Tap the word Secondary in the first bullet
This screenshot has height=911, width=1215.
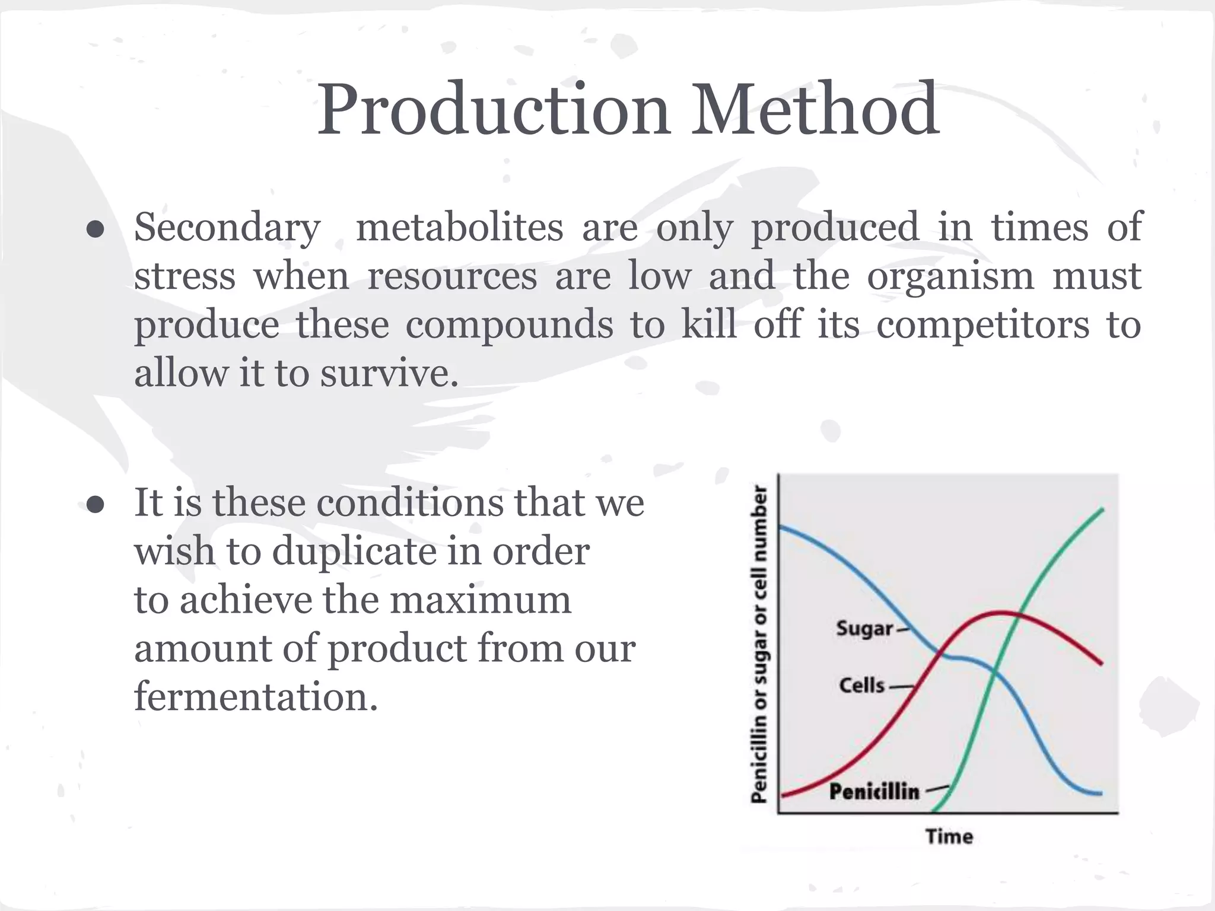(x=227, y=227)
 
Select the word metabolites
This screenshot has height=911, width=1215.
(x=459, y=227)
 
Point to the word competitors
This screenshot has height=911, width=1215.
(x=982, y=325)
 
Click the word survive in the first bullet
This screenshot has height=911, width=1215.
(x=389, y=374)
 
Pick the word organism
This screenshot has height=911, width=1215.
(x=950, y=276)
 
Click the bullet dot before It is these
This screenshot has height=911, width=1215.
(x=95, y=505)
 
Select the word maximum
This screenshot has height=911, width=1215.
(x=480, y=600)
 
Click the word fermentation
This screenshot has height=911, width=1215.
(x=256, y=696)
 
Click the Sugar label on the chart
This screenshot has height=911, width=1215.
(x=864, y=628)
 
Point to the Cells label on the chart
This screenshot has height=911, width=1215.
(x=861, y=686)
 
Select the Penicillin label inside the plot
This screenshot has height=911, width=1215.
(x=874, y=792)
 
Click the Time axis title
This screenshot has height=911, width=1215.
(x=949, y=837)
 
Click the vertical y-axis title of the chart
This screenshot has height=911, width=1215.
(x=759, y=644)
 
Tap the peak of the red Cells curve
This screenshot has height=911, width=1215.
(x=1000, y=611)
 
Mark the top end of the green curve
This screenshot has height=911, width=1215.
(x=1102, y=509)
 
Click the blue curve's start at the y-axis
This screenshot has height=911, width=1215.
(x=780, y=527)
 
